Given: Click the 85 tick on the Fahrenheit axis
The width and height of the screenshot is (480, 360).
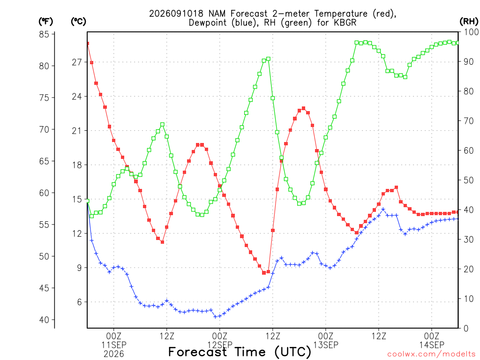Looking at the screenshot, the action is coord(44,34).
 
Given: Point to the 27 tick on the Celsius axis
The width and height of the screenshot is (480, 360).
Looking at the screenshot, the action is coord(77,62).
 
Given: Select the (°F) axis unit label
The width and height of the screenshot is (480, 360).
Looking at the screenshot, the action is coord(45,22).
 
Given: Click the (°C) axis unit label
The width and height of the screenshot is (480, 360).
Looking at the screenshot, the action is coord(78,22).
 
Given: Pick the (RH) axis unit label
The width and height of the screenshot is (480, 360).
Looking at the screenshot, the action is coord(469,22).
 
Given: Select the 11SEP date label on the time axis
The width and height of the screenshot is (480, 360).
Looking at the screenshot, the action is coord(114,345).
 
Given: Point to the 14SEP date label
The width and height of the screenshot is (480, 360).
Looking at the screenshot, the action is coord(432,345).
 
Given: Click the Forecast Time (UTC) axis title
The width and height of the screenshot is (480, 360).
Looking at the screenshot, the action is coord(240,352).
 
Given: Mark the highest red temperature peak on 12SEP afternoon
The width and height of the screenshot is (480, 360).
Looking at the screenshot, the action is coord(303,108).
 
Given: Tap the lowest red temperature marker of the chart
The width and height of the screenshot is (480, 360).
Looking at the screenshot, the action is coord(264,273).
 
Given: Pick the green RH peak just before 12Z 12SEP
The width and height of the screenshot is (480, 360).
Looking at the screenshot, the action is coord(269,59).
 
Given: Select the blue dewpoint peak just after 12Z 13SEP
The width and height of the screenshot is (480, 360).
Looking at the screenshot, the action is coord(383,210).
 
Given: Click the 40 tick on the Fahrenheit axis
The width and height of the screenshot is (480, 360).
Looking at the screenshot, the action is coord(44,320).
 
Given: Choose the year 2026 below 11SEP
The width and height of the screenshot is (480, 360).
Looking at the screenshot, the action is coord(114,354).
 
